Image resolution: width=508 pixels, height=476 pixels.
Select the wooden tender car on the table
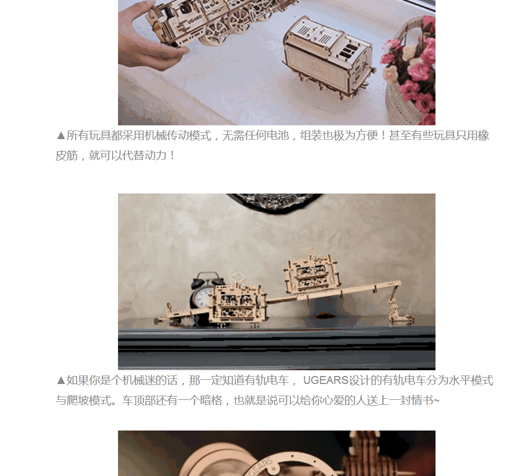pos(329,57)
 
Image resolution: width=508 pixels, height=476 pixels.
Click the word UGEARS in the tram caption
pos(325,380)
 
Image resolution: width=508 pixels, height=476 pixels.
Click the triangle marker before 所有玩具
pos(61,135)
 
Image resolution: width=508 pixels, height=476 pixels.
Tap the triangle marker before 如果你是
pos(61,380)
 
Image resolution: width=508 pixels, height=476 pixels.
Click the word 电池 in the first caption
pos(278,135)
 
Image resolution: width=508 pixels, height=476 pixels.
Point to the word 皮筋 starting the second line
pos(67,155)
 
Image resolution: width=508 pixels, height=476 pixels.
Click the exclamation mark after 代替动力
pos(172,155)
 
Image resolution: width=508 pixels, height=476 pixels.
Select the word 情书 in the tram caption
pos(422,400)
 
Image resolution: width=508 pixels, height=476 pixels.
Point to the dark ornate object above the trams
pos(275,202)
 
